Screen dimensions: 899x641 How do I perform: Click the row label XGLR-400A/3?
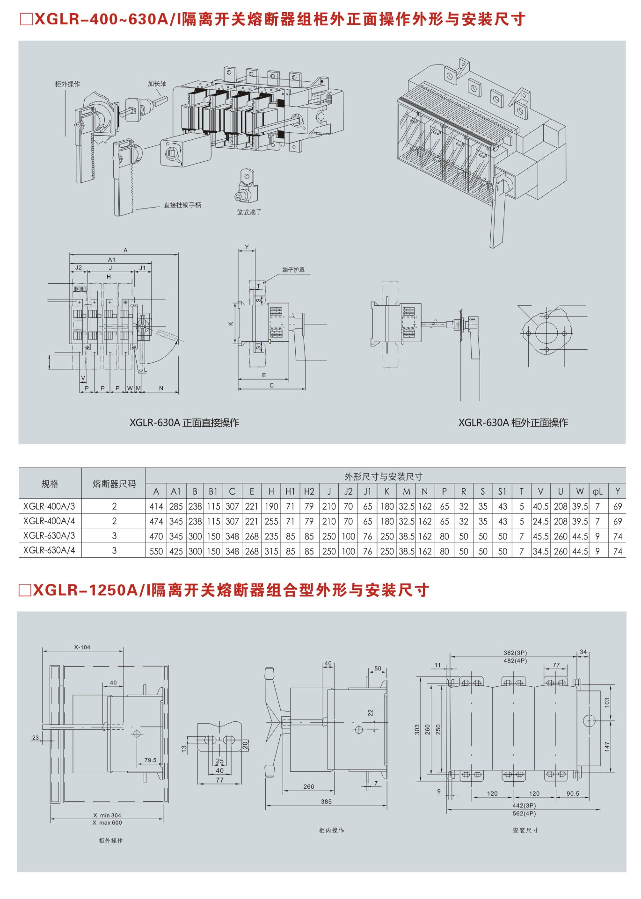(49, 506)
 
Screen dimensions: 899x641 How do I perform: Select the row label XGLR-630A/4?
(49, 550)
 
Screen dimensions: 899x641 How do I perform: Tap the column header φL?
(597, 491)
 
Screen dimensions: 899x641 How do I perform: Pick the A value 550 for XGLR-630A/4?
(156, 551)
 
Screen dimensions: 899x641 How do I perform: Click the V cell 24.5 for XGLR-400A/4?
(540, 521)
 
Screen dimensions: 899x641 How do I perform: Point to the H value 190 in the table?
(271, 506)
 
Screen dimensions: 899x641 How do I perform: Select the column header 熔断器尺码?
(114, 484)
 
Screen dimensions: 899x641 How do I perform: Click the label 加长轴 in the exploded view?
(157, 84)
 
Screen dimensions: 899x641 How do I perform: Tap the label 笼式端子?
(249, 212)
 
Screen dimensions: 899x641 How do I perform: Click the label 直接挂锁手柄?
(182, 205)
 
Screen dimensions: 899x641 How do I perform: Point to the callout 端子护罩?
(293, 270)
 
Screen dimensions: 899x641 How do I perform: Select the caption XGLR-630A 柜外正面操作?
(513, 423)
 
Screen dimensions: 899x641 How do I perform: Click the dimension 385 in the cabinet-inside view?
(326, 801)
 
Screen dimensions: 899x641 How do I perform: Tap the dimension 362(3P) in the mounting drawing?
(515, 653)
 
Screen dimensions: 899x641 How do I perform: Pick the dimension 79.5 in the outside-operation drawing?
(150, 760)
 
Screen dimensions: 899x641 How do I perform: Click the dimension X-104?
(82, 647)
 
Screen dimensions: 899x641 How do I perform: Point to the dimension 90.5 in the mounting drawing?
(573, 793)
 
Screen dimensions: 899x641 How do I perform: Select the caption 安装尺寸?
(525, 830)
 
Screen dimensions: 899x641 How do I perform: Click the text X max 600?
(107, 822)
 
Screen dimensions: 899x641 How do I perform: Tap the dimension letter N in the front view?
(161, 388)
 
